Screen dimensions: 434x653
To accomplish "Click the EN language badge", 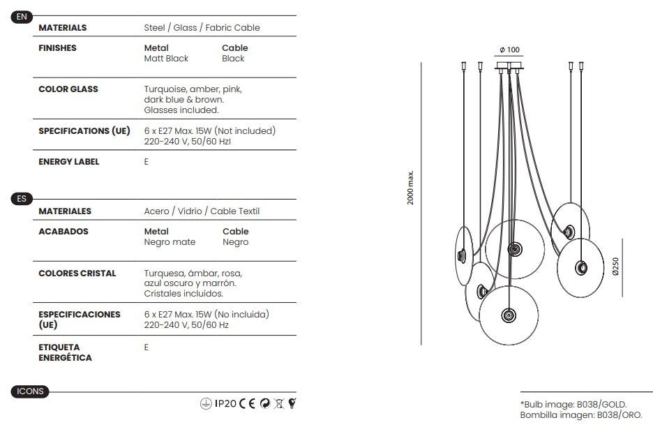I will [22, 17].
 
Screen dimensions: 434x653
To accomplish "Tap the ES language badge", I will [22, 199].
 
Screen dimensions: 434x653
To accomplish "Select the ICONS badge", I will [30, 391].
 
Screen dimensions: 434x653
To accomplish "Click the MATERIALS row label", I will [63, 28].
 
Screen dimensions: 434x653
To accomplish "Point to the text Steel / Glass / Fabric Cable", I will [202, 28].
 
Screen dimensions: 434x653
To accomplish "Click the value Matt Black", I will [166, 59].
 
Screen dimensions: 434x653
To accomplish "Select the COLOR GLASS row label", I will [68, 89].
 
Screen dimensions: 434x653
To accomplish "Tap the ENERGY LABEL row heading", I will [69, 162].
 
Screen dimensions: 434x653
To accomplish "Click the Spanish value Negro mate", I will [170, 242].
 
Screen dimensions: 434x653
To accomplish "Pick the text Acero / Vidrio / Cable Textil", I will [202, 211].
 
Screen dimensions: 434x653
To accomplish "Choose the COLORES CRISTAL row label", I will [77, 274].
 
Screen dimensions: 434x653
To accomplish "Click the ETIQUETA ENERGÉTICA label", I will [65, 352].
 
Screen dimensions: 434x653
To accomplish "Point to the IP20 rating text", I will [225, 403].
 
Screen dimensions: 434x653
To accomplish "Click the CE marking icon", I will [248, 403].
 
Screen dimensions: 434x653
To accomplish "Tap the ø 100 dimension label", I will [509, 50].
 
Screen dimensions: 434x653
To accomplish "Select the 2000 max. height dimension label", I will [411, 188].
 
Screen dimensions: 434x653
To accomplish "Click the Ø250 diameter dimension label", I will [615, 266].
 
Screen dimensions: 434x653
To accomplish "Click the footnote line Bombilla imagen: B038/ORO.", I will [581, 415].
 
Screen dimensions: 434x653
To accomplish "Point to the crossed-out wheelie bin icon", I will [278, 403].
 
